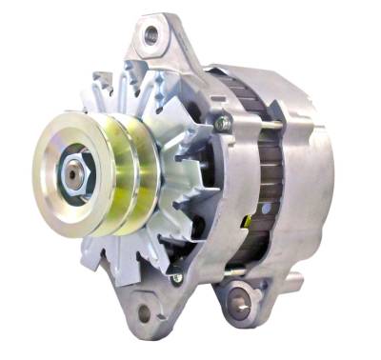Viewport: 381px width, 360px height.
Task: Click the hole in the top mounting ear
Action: pyautogui.click(x=150, y=35)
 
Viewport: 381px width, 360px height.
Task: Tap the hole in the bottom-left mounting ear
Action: pyautogui.click(x=144, y=311)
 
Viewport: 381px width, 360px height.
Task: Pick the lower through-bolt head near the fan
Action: pyautogui.click(x=177, y=278)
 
